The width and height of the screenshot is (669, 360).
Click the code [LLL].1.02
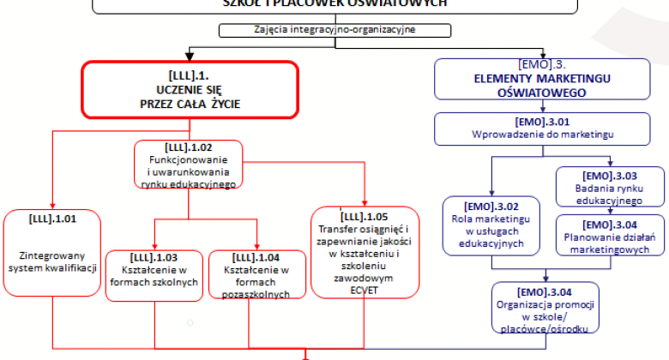point(188,147)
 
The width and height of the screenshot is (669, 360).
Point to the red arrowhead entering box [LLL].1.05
point(365,202)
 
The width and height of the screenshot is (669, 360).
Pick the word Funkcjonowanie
point(188,159)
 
